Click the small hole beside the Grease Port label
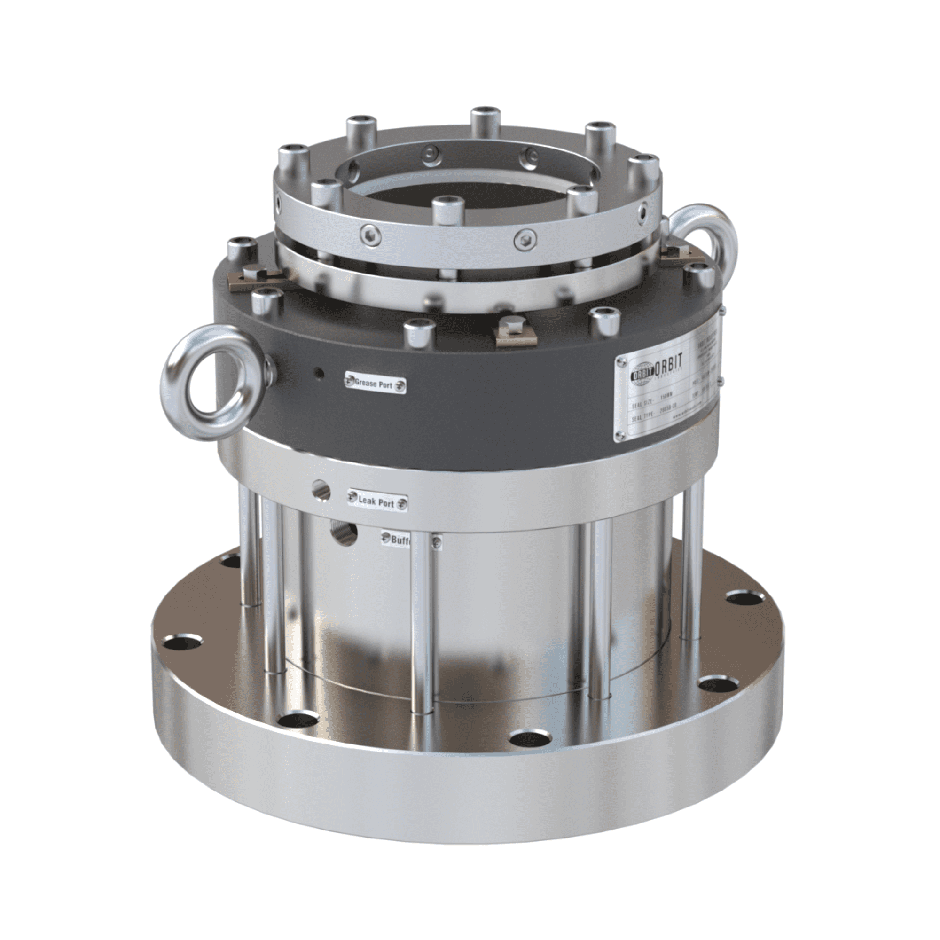319,374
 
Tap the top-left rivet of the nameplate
621,361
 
